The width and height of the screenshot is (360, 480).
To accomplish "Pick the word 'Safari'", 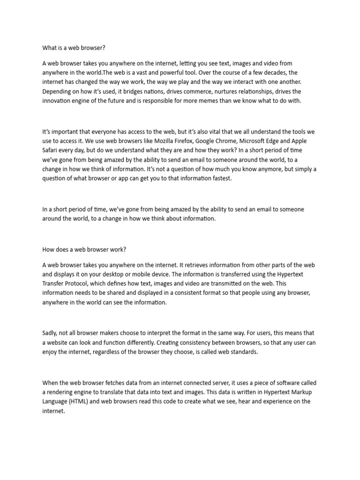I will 52,150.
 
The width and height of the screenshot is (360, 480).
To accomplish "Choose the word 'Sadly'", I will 50,333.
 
